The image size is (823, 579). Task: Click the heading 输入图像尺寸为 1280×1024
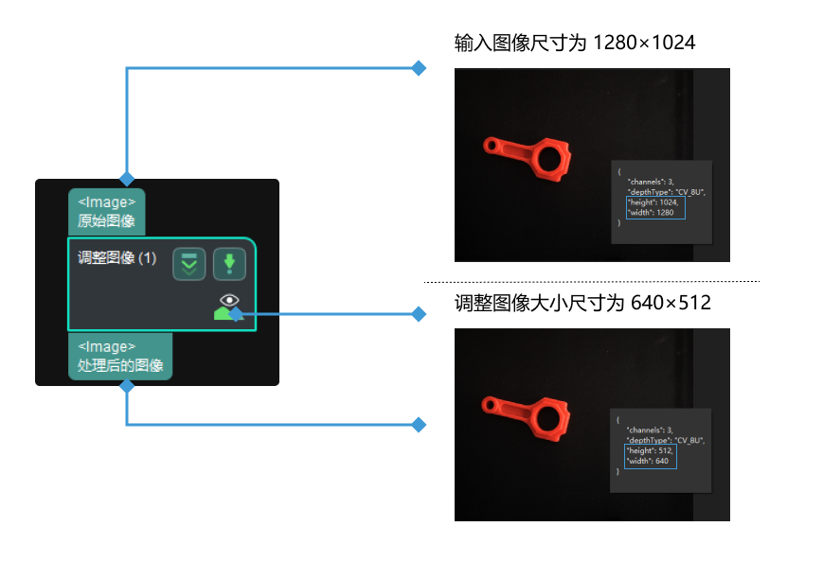point(575,44)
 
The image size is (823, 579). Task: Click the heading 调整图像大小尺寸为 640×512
point(582,304)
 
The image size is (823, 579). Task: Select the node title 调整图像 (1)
point(116,258)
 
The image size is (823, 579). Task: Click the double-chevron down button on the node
point(189,265)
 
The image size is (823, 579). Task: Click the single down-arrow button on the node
point(229,265)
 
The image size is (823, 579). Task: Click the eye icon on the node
point(228,302)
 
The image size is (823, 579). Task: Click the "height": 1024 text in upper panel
point(652,202)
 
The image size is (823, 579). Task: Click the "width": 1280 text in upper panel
point(651,212)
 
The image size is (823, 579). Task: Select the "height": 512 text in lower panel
point(649,450)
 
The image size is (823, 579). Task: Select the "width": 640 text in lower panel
point(648,461)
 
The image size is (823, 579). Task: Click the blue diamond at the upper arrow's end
point(418,68)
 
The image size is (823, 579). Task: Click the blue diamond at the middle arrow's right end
point(419,314)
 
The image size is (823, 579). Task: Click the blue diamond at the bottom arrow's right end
point(419,425)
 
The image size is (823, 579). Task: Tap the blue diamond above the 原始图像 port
point(127,178)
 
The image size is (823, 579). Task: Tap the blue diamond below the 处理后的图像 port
point(127,386)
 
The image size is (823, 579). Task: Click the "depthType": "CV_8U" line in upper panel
point(666,191)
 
